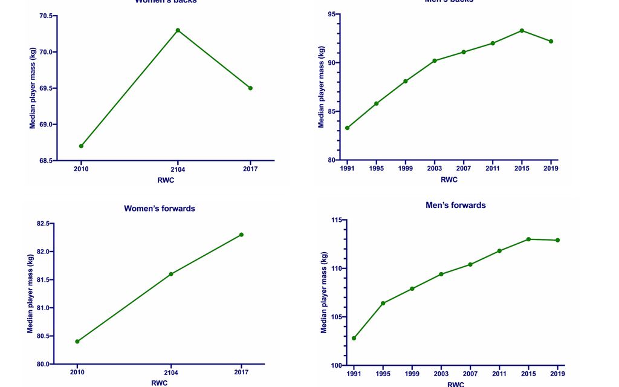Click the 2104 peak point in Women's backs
coord(178,30)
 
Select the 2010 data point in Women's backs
coord(81,146)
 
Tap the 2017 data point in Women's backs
coord(250,88)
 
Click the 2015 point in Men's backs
coord(522,30)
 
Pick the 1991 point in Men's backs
coord(347,128)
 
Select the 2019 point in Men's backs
coord(551,41)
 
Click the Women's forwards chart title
coord(160,209)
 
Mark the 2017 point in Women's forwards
coord(241,235)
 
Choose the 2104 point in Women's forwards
coord(171,274)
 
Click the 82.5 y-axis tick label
coord(44,224)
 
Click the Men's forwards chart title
coord(455,205)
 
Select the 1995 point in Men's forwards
coord(383,303)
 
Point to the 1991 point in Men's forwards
coord(354,338)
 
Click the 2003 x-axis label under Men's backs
coord(435,169)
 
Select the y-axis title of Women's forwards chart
coord(30,293)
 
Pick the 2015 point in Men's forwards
coord(528,239)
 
